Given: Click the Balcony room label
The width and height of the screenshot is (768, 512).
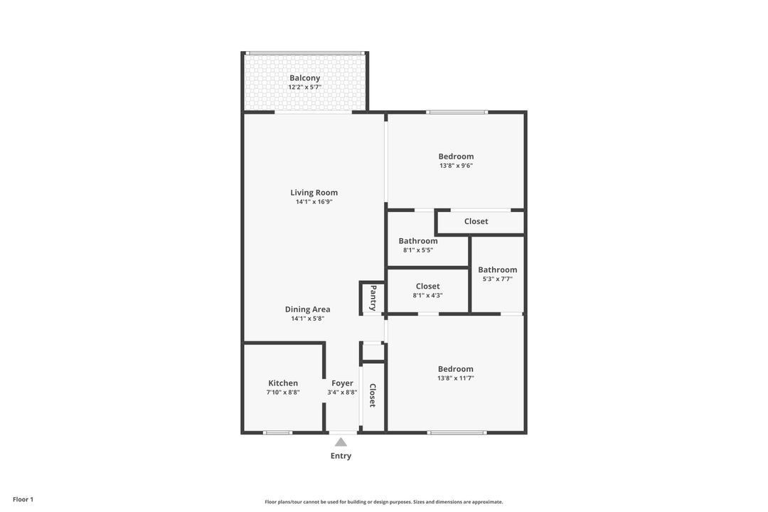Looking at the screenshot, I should [x=304, y=78].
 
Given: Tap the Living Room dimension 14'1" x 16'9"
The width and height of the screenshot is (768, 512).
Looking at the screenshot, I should [x=314, y=202].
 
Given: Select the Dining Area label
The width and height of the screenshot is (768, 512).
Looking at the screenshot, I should [x=307, y=309].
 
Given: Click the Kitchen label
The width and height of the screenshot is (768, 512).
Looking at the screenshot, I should [x=283, y=383].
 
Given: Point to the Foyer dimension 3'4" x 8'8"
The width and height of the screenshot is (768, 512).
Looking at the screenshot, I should [x=342, y=393].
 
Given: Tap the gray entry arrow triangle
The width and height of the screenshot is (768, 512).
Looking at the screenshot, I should [x=341, y=442].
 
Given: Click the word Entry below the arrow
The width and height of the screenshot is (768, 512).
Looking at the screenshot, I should [x=341, y=456].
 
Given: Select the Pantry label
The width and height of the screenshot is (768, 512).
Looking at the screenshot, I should [x=373, y=298].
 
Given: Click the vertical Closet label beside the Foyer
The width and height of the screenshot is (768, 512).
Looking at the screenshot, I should [x=373, y=395].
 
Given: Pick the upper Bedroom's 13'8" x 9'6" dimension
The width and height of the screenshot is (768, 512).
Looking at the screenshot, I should [x=456, y=166].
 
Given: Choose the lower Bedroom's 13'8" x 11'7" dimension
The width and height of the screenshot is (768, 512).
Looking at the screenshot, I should [x=456, y=378].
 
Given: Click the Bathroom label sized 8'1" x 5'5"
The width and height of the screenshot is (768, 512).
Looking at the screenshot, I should [x=418, y=241].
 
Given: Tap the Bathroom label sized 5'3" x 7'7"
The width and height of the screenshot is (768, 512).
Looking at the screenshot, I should [x=497, y=270].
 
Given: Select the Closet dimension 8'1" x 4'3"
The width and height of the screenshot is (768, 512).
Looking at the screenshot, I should [x=427, y=296].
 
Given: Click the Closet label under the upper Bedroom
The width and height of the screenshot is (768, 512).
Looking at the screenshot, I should [x=476, y=221].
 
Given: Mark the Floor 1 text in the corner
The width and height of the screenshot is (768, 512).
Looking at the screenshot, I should [x=23, y=500].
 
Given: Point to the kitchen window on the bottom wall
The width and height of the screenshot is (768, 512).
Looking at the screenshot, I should [x=277, y=432].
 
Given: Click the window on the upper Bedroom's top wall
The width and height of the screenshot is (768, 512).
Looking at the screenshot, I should [x=457, y=112].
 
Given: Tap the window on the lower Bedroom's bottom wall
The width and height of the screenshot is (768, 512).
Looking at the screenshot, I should [x=457, y=432].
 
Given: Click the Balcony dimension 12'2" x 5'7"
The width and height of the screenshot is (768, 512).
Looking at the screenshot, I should [x=304, y=87].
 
